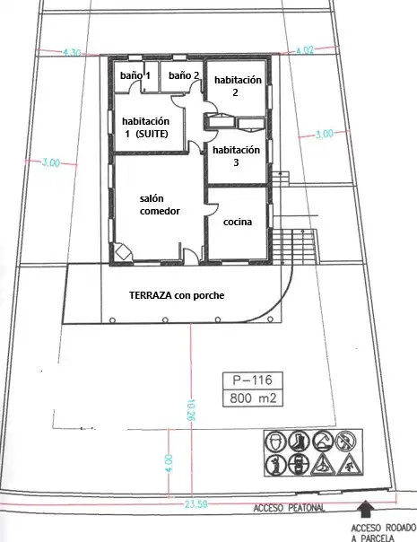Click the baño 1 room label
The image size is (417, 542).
pos(135,75)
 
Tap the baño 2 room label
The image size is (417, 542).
pos(184,75)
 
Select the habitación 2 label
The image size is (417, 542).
pos(238,86)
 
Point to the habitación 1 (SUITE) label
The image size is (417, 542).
pos(145,127)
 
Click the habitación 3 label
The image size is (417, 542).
pos(236,156)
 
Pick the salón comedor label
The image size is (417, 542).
pos(160,205)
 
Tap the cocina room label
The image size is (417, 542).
pos(238,222)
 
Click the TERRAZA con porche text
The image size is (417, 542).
pos(177,295)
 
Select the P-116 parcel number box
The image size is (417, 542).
pos(253,380)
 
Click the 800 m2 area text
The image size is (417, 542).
pos(253,398)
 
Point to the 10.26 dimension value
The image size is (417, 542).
pos(191,410)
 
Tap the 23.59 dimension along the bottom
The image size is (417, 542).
pos(195,504)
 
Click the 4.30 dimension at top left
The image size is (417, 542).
pos(72,53)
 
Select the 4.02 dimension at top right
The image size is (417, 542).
pos(305,50)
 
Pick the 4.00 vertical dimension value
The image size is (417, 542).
pos(169,464)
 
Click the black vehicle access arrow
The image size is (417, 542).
pos(365,509)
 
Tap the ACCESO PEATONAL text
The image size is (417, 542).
pos(289,508)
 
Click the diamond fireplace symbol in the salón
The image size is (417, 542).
pos(122,252)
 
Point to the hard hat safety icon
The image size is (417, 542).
pos(276,441)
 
